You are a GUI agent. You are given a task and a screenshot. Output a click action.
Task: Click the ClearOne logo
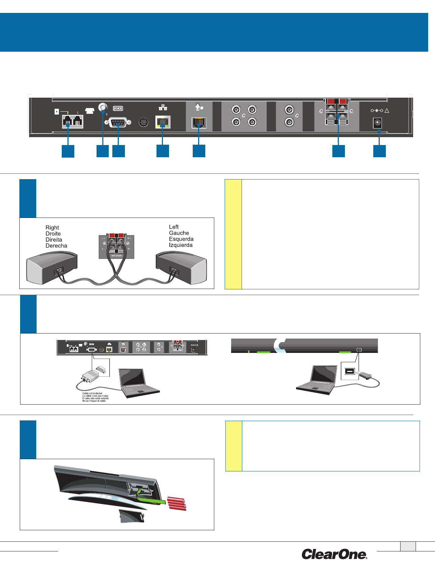334,554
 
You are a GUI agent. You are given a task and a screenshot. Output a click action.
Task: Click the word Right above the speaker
52,228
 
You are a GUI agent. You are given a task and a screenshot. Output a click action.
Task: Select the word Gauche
179,233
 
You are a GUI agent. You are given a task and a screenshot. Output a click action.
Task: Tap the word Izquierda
181,245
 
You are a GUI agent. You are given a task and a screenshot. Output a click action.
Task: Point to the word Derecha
56,246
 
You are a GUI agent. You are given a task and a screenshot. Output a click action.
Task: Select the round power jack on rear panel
377,123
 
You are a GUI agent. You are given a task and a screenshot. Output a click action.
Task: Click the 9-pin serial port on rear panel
118,122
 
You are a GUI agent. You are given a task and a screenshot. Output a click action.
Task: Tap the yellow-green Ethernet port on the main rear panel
163,122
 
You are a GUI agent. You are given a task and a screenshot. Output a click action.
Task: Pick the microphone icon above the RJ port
200,107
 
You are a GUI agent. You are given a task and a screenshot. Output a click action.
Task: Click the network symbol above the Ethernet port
163,107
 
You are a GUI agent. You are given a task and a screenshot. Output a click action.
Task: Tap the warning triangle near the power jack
387,111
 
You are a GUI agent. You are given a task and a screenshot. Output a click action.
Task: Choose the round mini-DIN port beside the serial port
143,122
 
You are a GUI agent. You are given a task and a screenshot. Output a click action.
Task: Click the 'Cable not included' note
92,393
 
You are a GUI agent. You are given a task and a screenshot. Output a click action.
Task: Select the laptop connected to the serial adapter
138,383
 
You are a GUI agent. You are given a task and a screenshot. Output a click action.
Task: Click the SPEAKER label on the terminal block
116,256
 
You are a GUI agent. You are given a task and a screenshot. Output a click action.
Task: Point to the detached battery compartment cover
131,516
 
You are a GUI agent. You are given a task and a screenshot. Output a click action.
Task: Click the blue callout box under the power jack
379,151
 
